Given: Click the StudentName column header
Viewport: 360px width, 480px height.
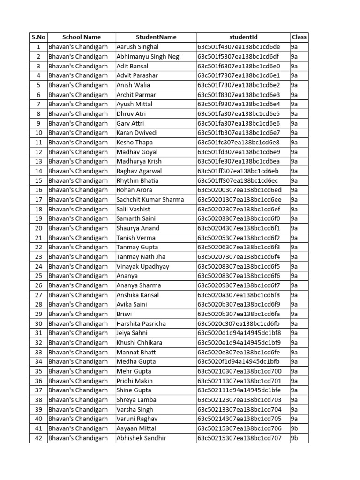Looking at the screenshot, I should pyautogui.click(x=156, y=37).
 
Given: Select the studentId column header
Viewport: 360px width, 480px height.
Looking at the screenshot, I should pyautogui.click(x=243, y=37).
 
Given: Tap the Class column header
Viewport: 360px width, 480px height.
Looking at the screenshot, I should pyautogui.click(x=299, y=37).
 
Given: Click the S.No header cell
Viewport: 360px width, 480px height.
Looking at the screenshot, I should pyautogui.click(x=38, y=37).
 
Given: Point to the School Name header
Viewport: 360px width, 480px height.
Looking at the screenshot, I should pyautogui.click(x=82, y=37).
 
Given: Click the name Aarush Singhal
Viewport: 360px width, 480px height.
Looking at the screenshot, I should pyautogui.click(x=137, y=47).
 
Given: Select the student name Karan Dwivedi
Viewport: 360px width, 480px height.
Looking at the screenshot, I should pyautogui.click(x=137, y=133).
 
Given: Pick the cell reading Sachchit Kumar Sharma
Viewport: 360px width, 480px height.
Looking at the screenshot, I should pyautogui.click(x=150, y=200).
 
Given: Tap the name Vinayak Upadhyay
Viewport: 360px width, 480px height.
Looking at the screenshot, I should pyautogui.click(x=142, y=266).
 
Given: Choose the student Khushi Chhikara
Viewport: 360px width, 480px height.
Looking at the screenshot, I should pyautogui.click(x=139, y=343).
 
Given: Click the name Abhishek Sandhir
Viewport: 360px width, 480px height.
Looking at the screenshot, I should pyautogui.click(x=141, y=438).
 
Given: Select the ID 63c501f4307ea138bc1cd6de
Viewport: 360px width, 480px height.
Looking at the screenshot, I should pyautogui.click(x=239, y=47).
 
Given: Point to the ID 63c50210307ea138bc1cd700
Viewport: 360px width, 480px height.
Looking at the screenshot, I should pyautogui.click(x=240, y=371).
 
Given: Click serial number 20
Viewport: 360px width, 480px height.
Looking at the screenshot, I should pyautogui.click(x=38, y=228).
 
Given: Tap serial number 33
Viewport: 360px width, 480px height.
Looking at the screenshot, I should pyautogui.click(x=38, y=352).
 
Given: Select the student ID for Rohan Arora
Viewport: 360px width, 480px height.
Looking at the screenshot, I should pyautogui.click(x=240, y=190).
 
